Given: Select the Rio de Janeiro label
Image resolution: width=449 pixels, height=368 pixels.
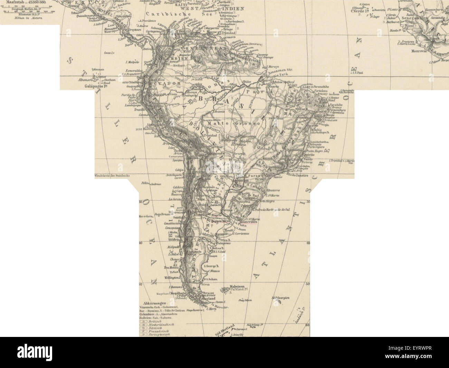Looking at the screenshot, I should tap(297, 175).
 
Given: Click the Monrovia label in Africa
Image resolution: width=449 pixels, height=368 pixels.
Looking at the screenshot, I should tap(420, 50).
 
